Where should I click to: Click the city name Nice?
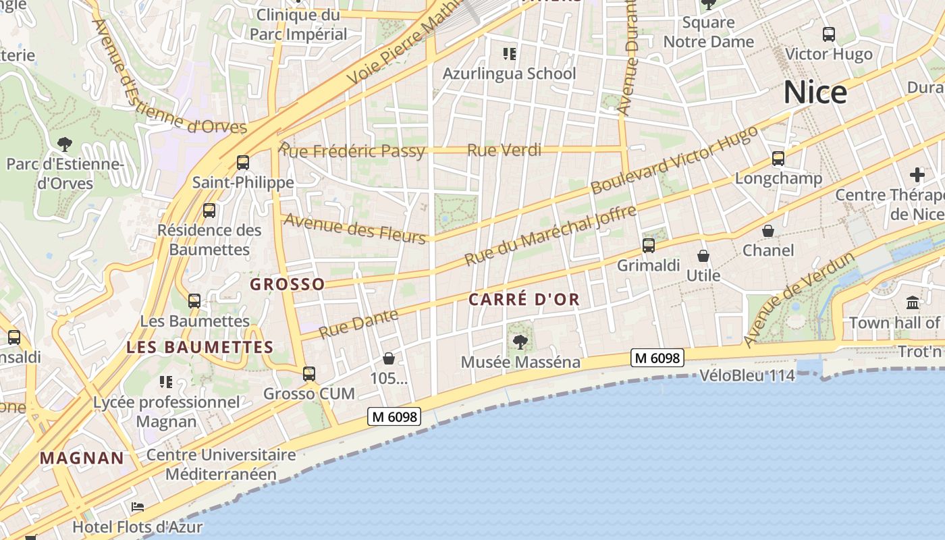coord(815,92)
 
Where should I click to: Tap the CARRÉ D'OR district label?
coord(524,300)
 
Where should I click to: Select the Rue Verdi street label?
coord(504,150)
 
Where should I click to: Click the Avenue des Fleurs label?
coord(354,228)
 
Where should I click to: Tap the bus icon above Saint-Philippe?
coord(243,163)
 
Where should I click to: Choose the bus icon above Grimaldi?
coord(649,246)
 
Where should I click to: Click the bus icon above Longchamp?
coord(778,159)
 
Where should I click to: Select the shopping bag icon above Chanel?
coord(768,231)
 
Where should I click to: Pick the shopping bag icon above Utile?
coord(703,256)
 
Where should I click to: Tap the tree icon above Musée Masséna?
coord(520,342)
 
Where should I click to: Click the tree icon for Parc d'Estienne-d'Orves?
coord(65,144)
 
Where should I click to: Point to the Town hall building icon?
coord(913,302)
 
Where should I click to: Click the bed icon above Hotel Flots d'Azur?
coord(138,506)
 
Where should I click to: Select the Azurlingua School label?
coord(509,74)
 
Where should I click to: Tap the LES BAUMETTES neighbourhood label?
coord(200,348)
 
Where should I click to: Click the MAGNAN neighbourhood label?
coord(82,458)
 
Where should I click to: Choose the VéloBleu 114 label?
coord(747,375)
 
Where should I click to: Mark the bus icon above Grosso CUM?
coord(309,373)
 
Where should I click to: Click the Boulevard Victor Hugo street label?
coord(674,161)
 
